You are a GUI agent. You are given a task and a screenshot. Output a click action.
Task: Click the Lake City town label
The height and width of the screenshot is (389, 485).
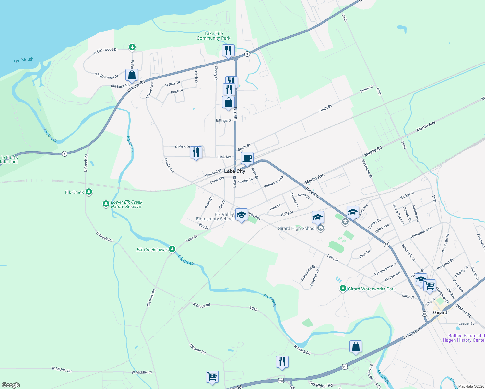click(x=235, y=171)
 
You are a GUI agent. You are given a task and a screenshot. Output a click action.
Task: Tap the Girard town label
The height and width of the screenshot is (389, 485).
click(x=440, y=312)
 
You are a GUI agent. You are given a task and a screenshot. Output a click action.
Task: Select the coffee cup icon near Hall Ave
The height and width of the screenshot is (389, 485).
click(x=247, y=159)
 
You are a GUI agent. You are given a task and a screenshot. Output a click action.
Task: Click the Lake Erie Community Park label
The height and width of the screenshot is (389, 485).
click(x=213, y=36)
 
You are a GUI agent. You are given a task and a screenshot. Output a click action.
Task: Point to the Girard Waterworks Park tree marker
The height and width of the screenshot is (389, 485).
click(x=343, y=288)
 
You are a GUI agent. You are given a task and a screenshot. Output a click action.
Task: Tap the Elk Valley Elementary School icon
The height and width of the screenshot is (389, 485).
click(x=241, y=215)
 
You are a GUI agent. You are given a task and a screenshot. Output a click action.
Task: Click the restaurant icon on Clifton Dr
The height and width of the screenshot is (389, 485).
click(x=196, y=152)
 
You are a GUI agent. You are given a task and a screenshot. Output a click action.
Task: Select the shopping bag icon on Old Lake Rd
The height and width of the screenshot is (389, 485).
click(x=132, y=76)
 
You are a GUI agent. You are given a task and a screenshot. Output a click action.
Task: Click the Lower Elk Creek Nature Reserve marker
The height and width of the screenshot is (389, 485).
click(x=106, y=204)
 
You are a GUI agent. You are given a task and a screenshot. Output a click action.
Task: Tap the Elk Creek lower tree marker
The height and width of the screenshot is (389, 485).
click(x=172, y=249)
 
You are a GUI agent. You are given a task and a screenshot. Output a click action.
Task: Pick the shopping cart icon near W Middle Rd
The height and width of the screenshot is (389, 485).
click(x=212, y=377)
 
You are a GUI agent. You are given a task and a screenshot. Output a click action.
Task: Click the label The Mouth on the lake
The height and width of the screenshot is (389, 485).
click(x=23, y=60)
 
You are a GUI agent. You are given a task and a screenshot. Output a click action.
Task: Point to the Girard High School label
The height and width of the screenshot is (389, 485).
click(x=297, y=228)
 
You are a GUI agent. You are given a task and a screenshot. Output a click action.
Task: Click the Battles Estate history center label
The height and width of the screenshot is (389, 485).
click(x=464, y=338)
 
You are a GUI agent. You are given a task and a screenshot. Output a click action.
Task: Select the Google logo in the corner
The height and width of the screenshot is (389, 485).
click(x=11, y=385)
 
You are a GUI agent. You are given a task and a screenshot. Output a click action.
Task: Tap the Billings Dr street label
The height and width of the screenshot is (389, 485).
click(x=224, y=120)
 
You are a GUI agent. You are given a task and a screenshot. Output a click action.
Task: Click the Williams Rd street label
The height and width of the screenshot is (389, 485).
click(x=197, y=349)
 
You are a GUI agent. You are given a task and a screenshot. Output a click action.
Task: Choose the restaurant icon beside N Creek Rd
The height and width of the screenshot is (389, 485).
click(x=282, y=362)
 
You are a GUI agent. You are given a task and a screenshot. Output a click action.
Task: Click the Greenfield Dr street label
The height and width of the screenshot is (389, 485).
click(x=308, y=273)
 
